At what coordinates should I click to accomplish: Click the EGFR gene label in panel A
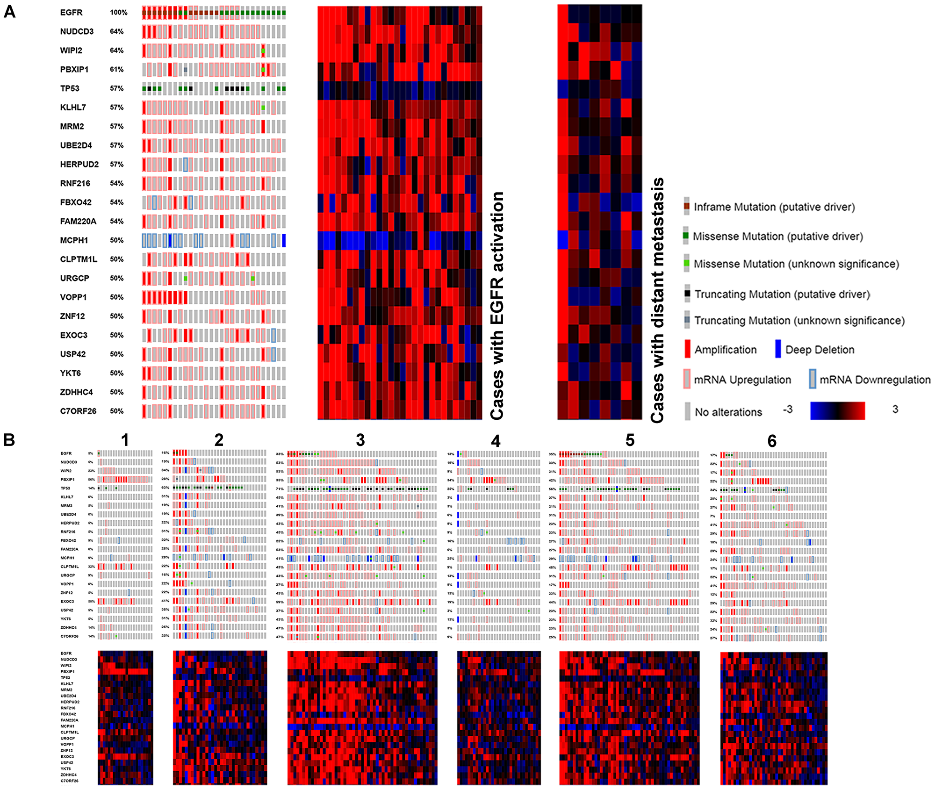click(x=71, y=13)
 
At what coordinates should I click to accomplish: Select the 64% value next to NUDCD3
click(x=116, y=31)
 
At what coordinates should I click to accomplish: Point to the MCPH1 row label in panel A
click(x=74, y=240)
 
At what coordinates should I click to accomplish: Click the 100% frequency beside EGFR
click(x=118, y=13)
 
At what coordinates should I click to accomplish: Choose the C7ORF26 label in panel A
click(x=78, y=411)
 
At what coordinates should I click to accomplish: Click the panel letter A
click(x=9, y=12)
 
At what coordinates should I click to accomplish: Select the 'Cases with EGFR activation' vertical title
click(x=497, y=305)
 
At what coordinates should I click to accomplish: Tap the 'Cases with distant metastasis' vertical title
click(x=657, y=301)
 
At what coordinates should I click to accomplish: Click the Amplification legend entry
click(x=725, y=350)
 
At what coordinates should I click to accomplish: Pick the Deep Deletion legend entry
click(x=819, y=350)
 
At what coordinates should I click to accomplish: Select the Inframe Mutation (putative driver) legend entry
click(x=774, y=207)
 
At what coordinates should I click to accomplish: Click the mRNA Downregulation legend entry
click(x=874, y=380)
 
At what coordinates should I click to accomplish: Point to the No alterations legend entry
click(x=728, y=412)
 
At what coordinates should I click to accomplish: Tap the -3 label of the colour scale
click(x=788, y=409)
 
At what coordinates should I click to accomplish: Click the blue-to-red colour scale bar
click(x=837, y=410)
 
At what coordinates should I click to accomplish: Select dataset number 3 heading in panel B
click(x=360, y=440)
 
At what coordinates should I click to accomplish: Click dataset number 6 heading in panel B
click(x=772, y=441)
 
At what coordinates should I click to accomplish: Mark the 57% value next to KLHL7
click(x=116, y=108)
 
